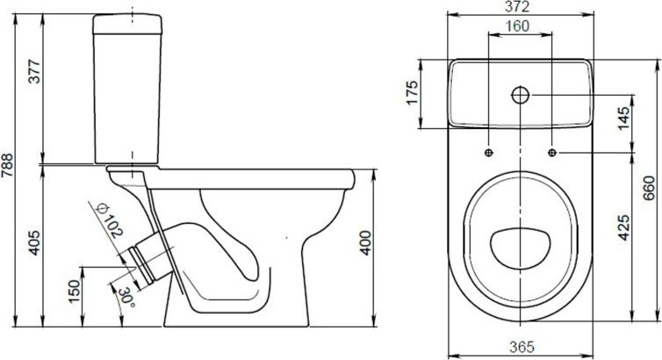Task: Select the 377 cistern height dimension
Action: click(34, 72)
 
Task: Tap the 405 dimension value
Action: click(34, 242)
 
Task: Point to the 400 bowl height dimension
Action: click(365, 242)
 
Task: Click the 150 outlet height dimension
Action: click(74, 292)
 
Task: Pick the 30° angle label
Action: click(126, 297)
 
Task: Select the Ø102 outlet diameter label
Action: click(110, 221)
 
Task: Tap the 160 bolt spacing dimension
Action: click(518, 26)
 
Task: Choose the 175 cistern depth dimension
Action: click(412, 92)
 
